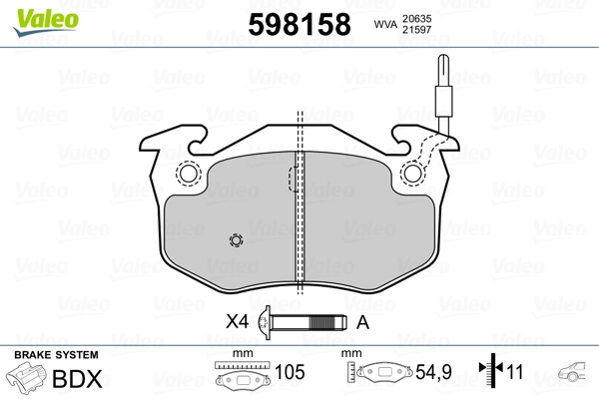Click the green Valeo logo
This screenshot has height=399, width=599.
point(46,22)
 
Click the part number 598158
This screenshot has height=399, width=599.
point(299,24)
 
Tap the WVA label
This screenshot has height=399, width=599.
point(385,24)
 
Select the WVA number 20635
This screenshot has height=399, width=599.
point(416,18)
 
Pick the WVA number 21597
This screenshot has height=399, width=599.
point(416,29)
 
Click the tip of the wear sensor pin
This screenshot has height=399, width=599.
point(443,56)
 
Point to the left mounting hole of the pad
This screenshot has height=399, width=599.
point(188,174)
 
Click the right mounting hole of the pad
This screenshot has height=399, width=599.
point(412,174)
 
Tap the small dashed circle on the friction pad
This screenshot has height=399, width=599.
point(236,240)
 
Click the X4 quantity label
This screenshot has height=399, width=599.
point(237,321)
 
